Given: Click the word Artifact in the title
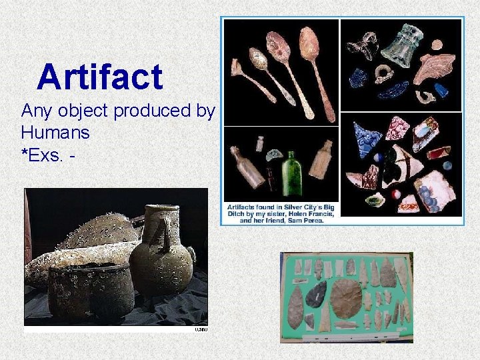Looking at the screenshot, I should (x=100, y=77).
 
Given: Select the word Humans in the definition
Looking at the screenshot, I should (x=55, y=132).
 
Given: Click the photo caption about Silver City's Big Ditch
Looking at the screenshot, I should (x=280, y=212).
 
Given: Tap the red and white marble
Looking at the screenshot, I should (x=395, y=195).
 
